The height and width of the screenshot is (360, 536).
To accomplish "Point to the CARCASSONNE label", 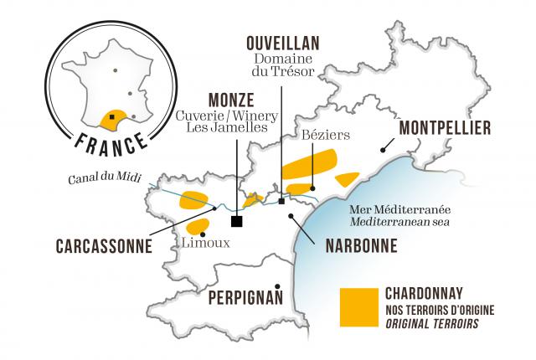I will pos(104,247).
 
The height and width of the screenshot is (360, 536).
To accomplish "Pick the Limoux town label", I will pos(204,243).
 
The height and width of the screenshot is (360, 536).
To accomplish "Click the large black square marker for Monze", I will pos(237,221).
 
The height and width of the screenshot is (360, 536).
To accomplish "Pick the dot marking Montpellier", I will pos(383,151).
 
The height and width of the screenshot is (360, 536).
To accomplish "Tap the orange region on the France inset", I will pos(111,118).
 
